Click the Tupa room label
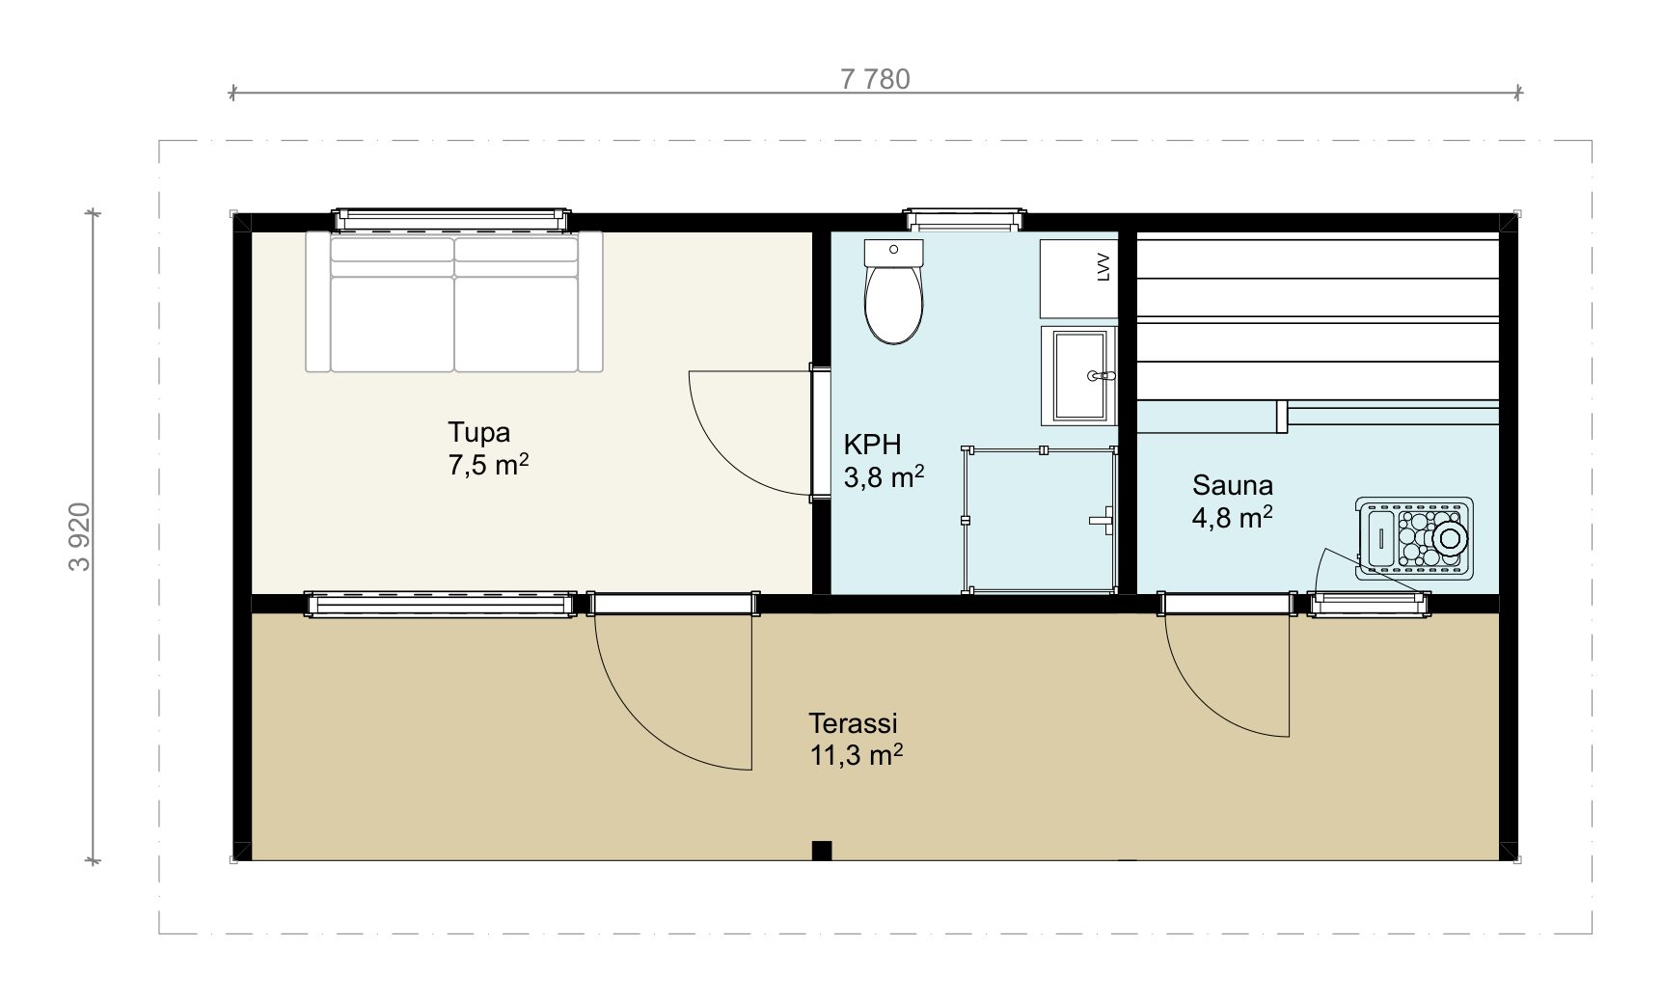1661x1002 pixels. pyautogui.click(x=478, y=431)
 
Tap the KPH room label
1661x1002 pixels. pyautogui.click(x=872, y=445)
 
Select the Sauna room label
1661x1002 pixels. pyautogui.click(x=1233, y=484)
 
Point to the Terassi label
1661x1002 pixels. pyautogui.click(x=854, y=722)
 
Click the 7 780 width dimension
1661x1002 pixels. pyautogui.click(x=875, y=79)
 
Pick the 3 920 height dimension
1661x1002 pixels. pyautogui.click(x=81, y=536)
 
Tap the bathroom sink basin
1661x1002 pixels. pyautogui.click(x=1078, y=376)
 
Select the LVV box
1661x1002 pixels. pyautogui.click(x=1078, y=279)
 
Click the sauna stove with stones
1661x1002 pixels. pyautogui.click(x=1414, y=539)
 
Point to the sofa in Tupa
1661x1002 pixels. pyautogui.click(x=454, y=301)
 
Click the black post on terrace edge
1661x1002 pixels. pyautogui.click(x=822, y=850)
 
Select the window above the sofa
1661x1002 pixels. pyautogui.click(x=451, y=220)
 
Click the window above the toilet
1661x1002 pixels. pyautogui.click(x=962, y=219)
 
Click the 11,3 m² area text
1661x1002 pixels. pyautogui.click(x=857, y=755)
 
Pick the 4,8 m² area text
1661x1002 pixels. pyautogui.click(x=1233, y=518)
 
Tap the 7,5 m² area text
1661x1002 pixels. pyautogui.click(x=488, y=465)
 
